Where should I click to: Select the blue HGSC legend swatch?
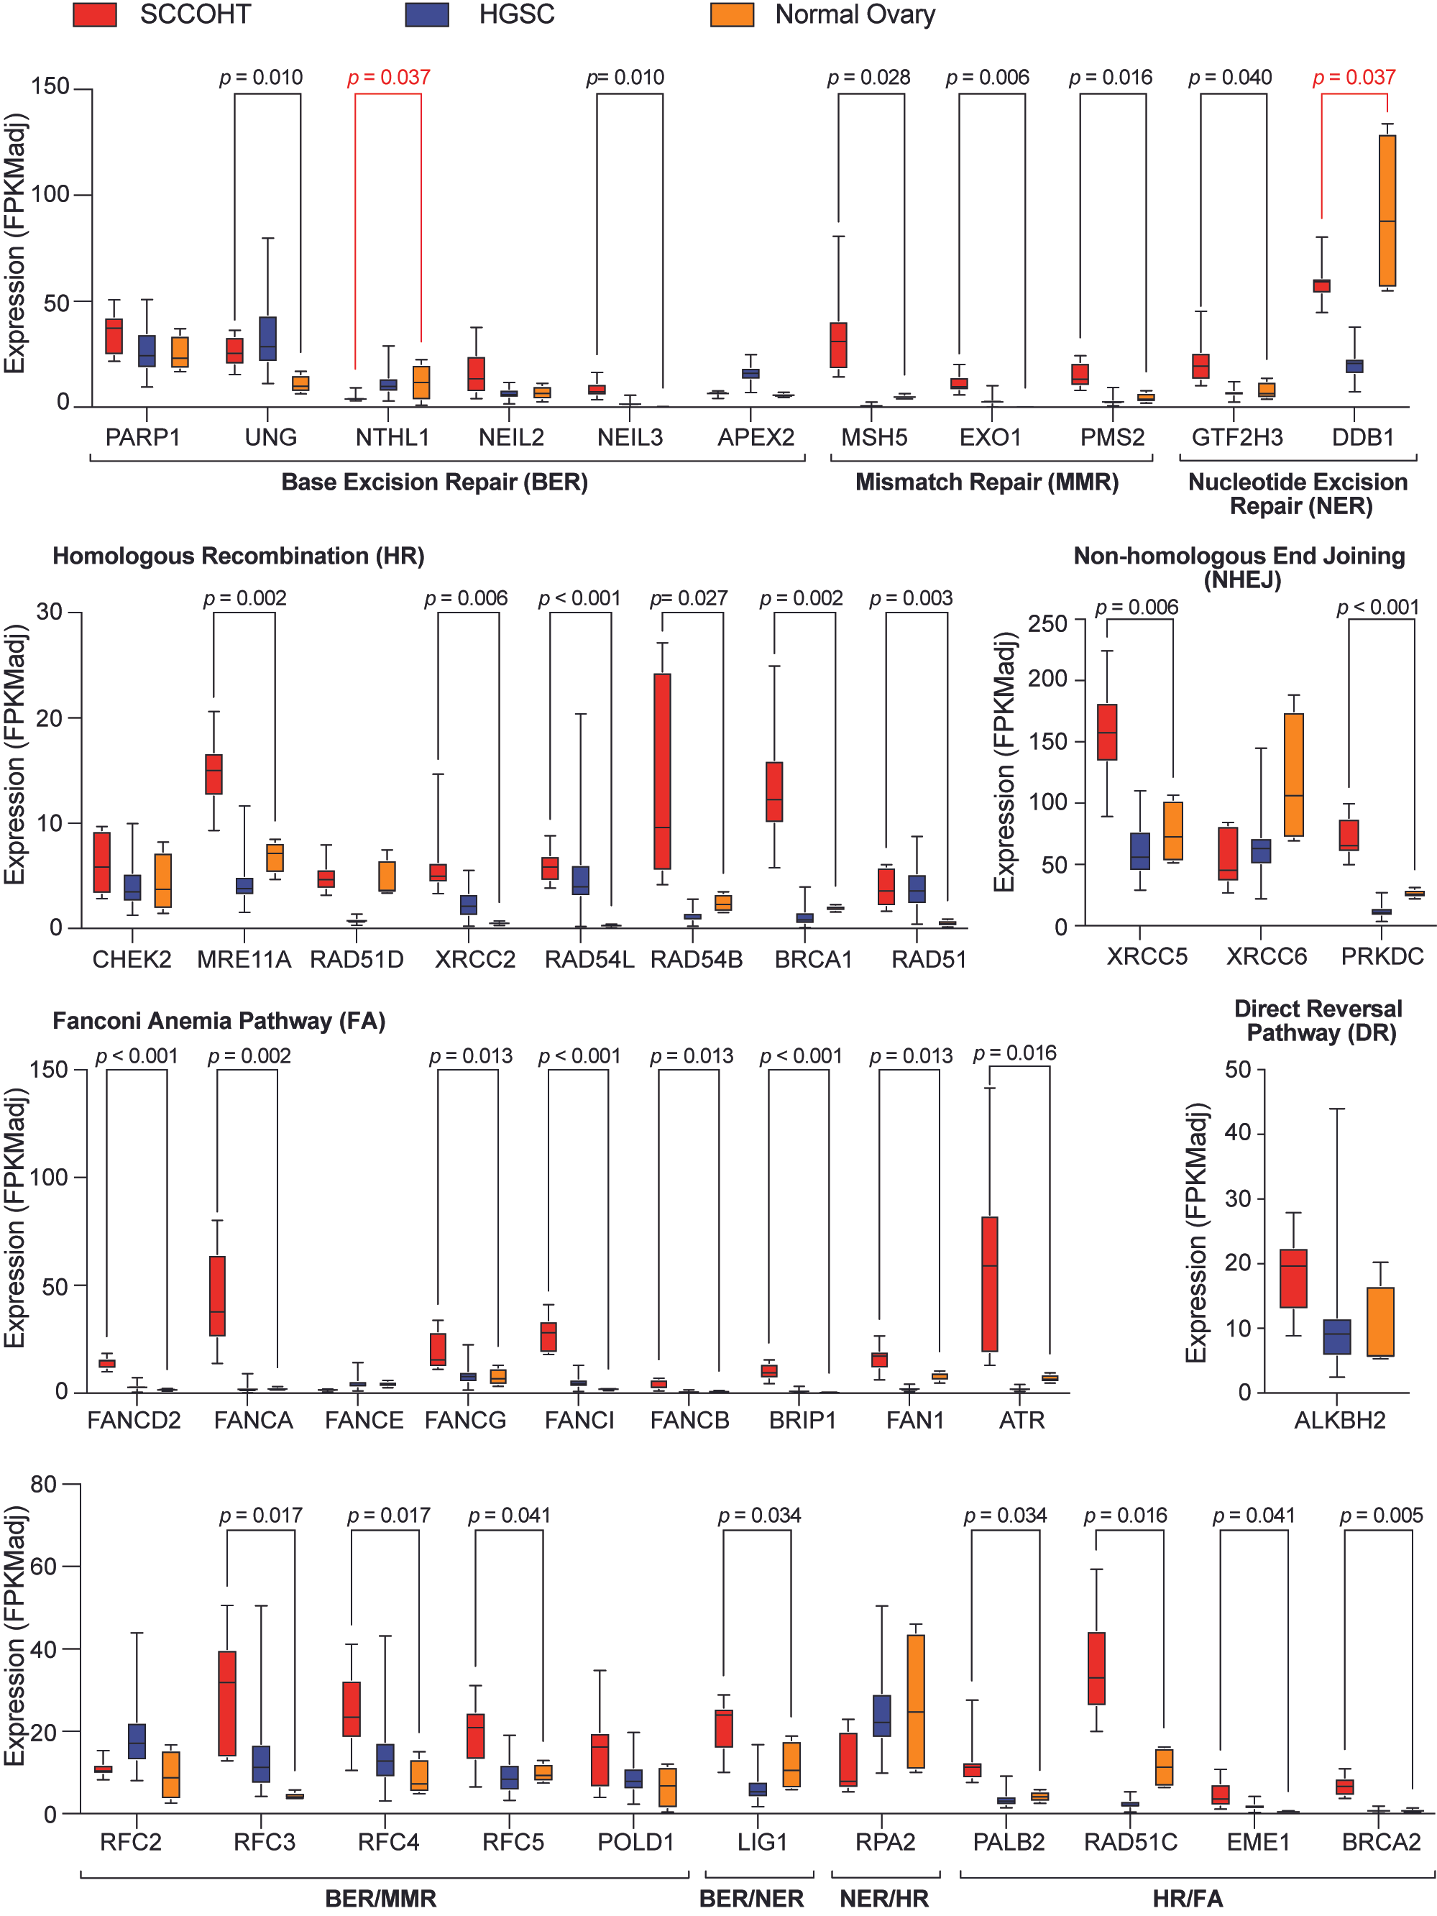(426, 14)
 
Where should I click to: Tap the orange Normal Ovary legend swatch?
(731, 14)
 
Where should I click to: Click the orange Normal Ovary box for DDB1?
(1387, 211)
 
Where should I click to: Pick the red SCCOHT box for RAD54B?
(662, 771)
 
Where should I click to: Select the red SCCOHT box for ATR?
(989, 1284)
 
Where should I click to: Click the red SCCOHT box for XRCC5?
(1106, 732)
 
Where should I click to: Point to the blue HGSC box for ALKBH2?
(1336, 1337)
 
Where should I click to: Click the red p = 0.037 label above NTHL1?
(389, 78)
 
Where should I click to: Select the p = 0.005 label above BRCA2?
(1381, 1515)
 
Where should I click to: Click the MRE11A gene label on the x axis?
(244, 959)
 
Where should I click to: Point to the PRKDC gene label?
(1382, 955)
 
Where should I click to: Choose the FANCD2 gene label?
(134, 1420)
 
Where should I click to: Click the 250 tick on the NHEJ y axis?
(1047, 623)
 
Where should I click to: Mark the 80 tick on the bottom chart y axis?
(43, 1484)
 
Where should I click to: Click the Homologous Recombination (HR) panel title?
(238, 556)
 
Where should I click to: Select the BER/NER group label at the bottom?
(751, 1899)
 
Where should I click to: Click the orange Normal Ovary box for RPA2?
(916, 1701)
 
